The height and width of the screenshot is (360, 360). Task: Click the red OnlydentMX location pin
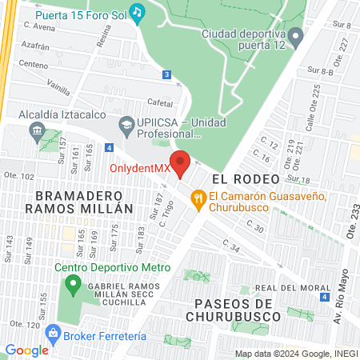181,162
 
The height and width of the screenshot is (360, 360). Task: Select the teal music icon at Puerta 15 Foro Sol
138,12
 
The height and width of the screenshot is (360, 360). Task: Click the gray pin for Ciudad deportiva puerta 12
296,36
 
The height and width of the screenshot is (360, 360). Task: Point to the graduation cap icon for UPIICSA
126,124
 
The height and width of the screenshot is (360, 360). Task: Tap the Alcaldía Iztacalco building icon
37,129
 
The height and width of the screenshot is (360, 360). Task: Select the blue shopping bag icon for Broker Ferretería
53,330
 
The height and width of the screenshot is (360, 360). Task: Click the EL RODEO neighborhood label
245,178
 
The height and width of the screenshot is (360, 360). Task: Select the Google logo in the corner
26,350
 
